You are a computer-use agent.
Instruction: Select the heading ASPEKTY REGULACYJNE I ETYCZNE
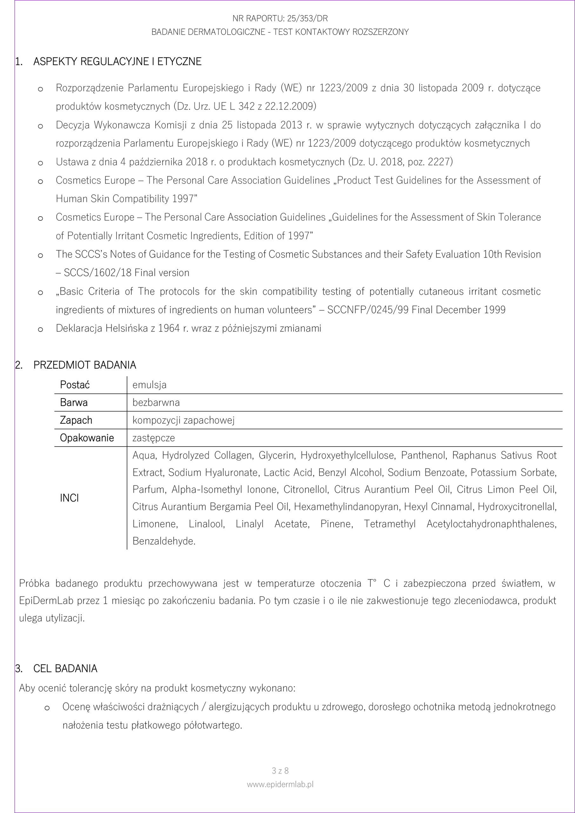click(x=117, y=62)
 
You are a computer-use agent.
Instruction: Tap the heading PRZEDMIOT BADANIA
click(x=85, y=365)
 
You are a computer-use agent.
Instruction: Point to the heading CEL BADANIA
click(x=65, y=669)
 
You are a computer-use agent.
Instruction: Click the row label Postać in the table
click(x=75, y=385)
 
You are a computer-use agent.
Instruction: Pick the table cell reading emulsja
click(x=150, y=385)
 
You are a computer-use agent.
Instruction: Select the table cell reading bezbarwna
click(x=156, y=403)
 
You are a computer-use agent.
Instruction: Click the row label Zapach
click(x=76, y=420)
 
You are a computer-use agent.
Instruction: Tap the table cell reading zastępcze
click(x=154, y=438)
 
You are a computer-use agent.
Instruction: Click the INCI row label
click(x=70, y=498)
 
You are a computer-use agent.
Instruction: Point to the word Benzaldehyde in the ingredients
click(x=164, y=541)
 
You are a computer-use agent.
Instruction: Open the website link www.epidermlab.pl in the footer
click(x=280, y=794)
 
